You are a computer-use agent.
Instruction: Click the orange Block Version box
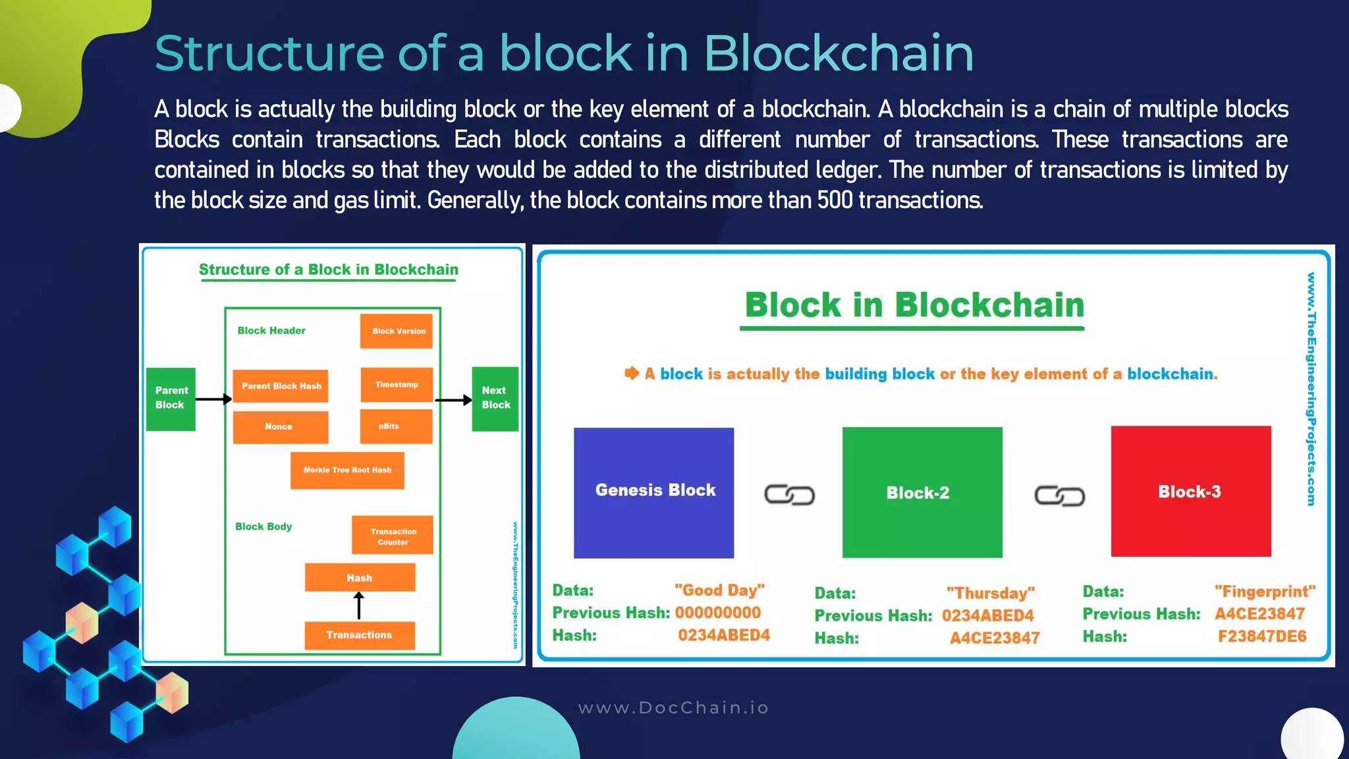point(396,331)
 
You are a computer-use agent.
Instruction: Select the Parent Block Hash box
point(281,386)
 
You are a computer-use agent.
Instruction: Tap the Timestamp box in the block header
point(397,385)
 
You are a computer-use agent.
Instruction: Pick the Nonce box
point(280,427)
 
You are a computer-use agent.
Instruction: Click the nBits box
point(396,426)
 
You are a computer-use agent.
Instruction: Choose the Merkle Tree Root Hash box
point(347,470)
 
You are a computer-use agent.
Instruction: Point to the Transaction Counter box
point(393,535)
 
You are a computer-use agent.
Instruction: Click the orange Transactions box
point(360,635)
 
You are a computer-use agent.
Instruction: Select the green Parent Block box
point(171,399)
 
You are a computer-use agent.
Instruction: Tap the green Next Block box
point(495,399)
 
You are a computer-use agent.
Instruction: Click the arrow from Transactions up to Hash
point(359,605)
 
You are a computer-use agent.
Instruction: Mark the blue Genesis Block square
point(653,492)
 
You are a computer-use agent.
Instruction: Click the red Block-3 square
point(1190,492)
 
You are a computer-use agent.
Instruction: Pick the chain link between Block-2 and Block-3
point(1059,495)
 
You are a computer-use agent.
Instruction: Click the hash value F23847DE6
point(1261,636)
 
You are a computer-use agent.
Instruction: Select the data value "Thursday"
point(990,593)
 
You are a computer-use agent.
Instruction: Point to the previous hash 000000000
point(717,613)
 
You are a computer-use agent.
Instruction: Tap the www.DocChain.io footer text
point(673,708)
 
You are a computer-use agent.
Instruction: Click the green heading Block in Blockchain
point(914,305)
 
